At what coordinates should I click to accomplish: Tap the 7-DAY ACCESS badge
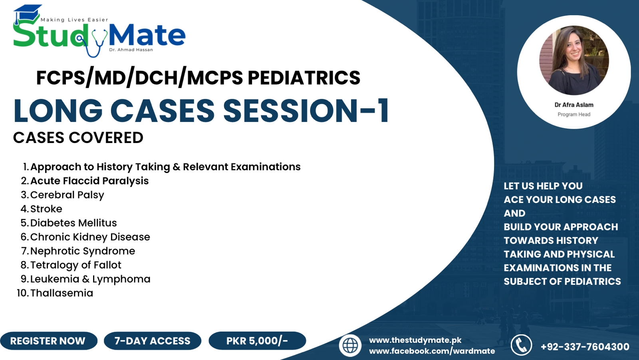tap(152, 340)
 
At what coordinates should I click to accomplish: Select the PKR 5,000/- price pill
tap(257, 340)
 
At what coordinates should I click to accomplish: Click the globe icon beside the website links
tap(350, 346)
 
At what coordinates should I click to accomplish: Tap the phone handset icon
tap(521, 345)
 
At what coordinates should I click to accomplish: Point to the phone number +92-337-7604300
tap(585, 346)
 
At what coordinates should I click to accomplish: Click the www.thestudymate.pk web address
tap(415, 340)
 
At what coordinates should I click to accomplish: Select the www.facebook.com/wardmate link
tap(432, 351)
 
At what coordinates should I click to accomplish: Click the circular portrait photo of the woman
tap(574, 60)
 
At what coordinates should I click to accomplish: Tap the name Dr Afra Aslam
tap(574, 105)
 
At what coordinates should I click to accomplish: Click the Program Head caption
tap(574, 115)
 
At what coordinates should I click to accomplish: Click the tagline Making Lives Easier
tap(74, 20)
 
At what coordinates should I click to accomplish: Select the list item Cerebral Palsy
tap(67, 195)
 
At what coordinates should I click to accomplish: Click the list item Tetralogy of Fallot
tap(76, 265)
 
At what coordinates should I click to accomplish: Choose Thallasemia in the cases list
tap(62, 293)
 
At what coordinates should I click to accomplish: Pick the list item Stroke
tap(46, 209)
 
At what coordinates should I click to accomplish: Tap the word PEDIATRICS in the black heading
tap(304, 78)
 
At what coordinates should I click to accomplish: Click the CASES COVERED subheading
tap(78, 137)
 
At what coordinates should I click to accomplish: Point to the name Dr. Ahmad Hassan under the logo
tap(131, 50)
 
